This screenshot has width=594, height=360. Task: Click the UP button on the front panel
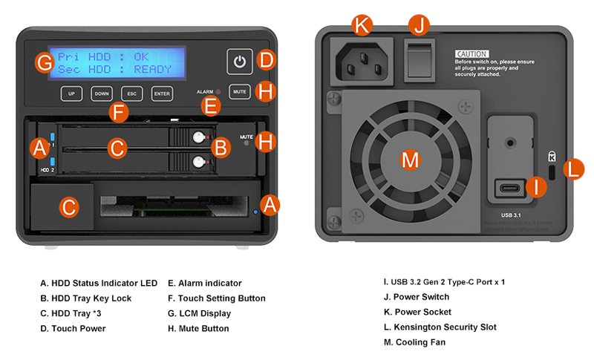(x=71, y=94)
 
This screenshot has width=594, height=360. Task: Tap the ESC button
(x=131, y=94)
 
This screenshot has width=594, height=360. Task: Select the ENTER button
(x=161, y=94)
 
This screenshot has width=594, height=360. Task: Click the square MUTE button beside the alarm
(x=239, y=92)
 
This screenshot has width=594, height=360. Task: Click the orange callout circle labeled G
(x=45, y=61)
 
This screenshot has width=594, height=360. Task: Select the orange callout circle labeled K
(x=362, y=26)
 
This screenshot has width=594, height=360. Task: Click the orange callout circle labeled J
(x=419, y=25)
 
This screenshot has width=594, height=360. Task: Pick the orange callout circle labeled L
(x=573, y=168)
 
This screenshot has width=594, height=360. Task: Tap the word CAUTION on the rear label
(x=471, y=54)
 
